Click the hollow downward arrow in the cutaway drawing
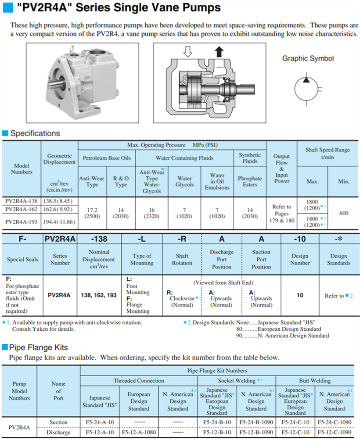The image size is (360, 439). point(188,52)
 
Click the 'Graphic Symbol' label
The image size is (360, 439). point(308,58)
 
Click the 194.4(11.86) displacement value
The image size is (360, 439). point(60,221)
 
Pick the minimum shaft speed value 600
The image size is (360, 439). point(344,213)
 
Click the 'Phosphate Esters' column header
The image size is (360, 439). point(249,182)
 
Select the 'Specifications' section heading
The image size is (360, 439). point(35,133)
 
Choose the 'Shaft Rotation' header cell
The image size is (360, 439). point(182,259)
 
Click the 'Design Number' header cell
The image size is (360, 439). point(300,259)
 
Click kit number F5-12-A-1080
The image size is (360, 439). point(138,432)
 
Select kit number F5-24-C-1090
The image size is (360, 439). point(335,422)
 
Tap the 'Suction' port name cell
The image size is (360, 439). point(58,422)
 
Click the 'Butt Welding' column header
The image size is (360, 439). point(315,381)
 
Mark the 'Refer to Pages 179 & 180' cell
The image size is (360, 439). point(282,214)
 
